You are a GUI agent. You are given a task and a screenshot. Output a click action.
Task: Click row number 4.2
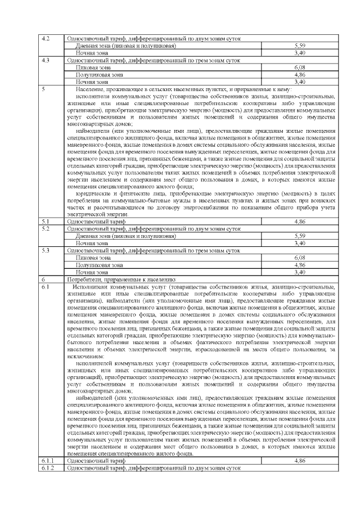pos(47,38)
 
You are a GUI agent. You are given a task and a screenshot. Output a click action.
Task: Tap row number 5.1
pos(46,222)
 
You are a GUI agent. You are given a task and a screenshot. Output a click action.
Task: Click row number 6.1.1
pos(48,460)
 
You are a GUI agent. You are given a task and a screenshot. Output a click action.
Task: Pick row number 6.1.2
pos(48,467)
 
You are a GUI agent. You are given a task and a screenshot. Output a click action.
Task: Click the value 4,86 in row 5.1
pos(300,222)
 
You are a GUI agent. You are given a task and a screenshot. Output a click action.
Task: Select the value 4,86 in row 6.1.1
pos(300,460)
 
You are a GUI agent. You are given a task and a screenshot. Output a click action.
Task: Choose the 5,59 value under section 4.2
pos(300,45)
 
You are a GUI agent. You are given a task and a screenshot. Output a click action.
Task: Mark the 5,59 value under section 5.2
pos(300,236)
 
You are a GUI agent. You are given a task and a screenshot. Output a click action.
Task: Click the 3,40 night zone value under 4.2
pos(300,52)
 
